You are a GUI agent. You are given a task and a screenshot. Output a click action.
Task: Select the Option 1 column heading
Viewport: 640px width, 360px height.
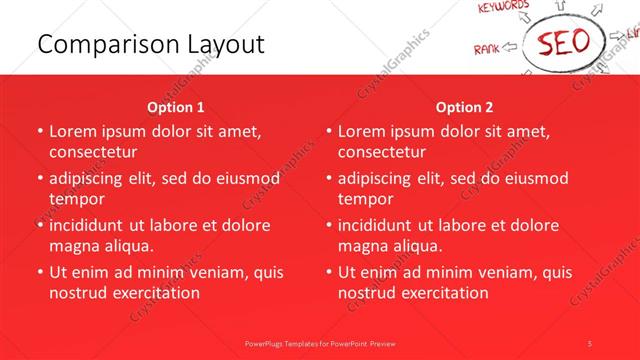point(176,107)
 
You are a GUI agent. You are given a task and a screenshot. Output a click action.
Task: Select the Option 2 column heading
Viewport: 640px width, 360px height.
point(465,107)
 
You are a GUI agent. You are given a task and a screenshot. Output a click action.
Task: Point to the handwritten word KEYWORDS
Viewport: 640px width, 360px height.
point(504,8)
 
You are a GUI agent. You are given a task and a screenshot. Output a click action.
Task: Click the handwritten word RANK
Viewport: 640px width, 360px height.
point(487,48)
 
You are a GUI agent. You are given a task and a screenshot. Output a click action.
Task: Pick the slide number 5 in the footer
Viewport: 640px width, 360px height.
point(590,342)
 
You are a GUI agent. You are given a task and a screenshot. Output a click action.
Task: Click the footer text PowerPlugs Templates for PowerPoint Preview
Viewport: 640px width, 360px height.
point(320,342)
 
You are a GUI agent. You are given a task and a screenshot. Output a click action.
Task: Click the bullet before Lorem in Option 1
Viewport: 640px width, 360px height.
point(39,131)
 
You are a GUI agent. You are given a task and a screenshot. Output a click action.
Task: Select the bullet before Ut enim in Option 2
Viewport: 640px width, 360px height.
point(328,272)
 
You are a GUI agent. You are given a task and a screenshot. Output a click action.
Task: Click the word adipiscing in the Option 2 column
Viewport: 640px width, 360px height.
point(380,178)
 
